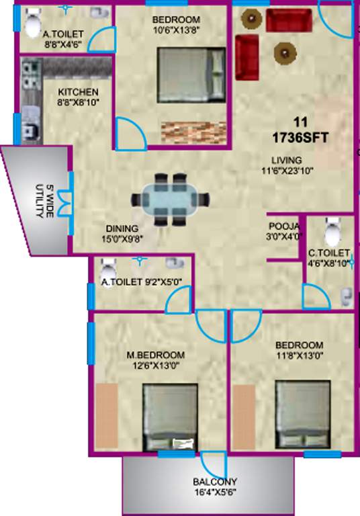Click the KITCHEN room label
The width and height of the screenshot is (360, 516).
(x=78, y=92)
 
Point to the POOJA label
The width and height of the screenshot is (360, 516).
(x=281, y=226)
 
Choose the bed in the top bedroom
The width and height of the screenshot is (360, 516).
(x=192, y=73)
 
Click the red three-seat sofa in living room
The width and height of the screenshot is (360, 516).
(x=288, y=19)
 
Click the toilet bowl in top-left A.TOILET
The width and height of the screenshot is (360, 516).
(x=32, y=25)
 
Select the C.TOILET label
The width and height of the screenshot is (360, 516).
(x=329, y=253)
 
